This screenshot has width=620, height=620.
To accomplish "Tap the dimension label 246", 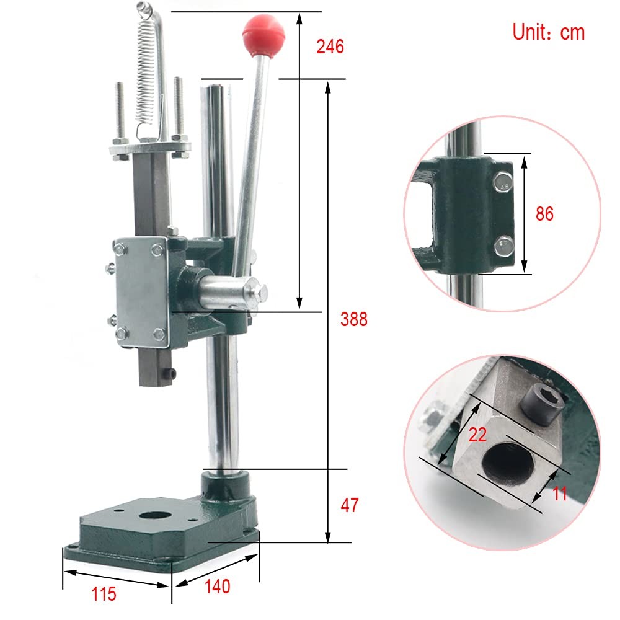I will click(330, 46).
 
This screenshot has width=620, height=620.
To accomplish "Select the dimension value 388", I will click(354, 319).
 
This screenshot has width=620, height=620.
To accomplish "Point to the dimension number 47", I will click(350, 505).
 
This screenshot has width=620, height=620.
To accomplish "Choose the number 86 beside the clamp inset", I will click(544, 213).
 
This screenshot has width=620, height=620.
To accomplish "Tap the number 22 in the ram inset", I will click(477, 435).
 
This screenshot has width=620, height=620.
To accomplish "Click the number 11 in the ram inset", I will click(560, 494).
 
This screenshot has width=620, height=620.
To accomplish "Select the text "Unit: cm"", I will click(548, 32).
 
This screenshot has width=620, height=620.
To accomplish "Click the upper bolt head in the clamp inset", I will click(502, 184).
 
